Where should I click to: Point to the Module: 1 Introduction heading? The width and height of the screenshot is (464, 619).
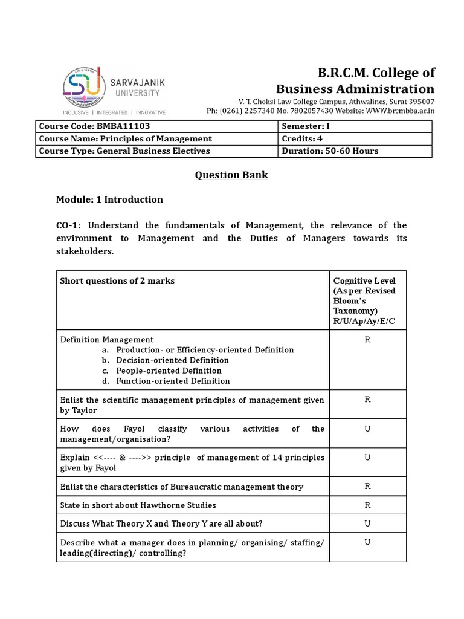[109, 199]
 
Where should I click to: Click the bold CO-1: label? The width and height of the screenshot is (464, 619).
[68, 225]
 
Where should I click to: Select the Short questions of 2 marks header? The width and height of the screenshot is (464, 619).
[117, 281]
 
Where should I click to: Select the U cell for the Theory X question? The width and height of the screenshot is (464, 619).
[367, 523]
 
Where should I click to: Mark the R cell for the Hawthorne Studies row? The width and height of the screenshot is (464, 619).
[367, 505]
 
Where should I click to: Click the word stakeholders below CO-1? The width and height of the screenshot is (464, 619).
[85, 251]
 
